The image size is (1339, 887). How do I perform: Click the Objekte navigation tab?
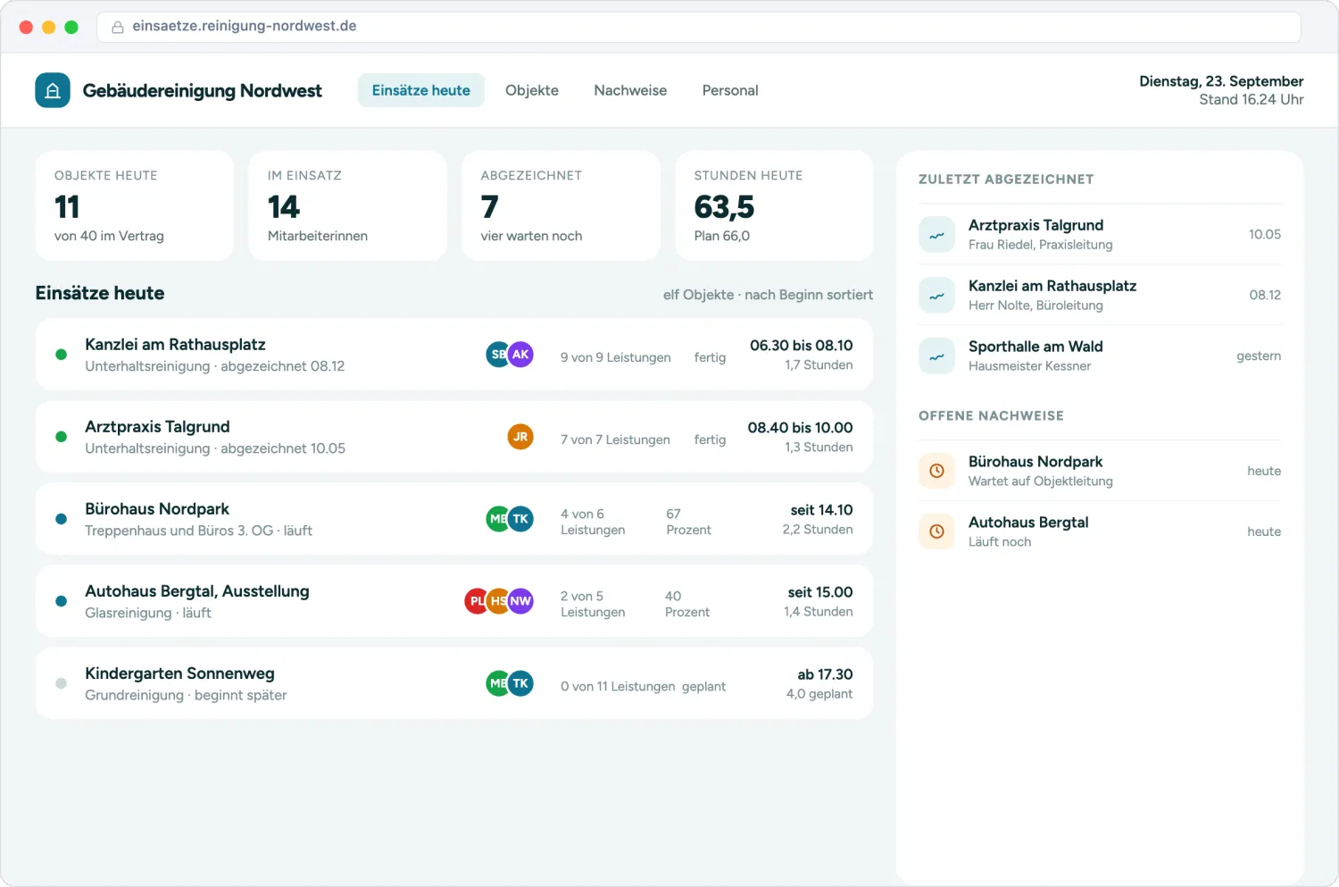point(531,90)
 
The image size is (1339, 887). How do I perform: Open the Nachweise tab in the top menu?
point(630,90)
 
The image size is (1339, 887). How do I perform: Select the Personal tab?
point(730,90)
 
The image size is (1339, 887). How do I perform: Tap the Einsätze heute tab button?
point(420,90)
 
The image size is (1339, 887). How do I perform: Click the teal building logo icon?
point(53,90)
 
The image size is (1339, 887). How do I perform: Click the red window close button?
point(26,27)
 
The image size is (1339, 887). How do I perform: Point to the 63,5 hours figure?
point(724,207)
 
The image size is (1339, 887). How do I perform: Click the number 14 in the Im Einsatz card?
point(283,207)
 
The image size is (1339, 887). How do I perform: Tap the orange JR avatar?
point(520,437)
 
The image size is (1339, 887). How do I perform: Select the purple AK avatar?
point(520,355)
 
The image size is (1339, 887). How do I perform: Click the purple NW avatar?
point(520,601)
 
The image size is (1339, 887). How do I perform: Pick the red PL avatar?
point(476,601)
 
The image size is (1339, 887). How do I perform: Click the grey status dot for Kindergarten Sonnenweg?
point(61,683)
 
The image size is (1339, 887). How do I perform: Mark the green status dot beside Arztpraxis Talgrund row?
point(61,437)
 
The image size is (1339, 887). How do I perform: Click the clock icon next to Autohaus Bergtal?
point(936,531)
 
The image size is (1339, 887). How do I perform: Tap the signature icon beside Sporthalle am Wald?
point(936,356)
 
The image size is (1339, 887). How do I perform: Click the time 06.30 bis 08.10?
point(801,346)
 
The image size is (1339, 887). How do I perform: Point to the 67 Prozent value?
point(688,522)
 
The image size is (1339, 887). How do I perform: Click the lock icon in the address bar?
point(118,27)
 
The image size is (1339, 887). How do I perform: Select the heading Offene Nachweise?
point(991,415)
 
